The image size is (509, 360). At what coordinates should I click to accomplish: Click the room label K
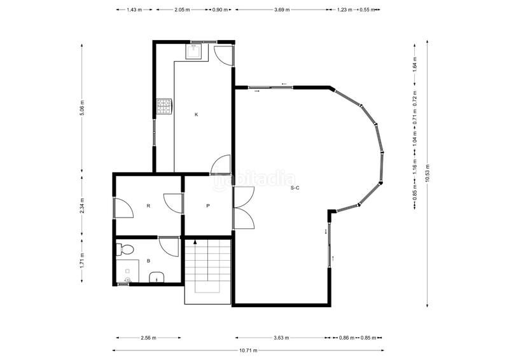(x=197, y=114)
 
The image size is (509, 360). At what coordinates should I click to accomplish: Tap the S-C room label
(x=295, y=188)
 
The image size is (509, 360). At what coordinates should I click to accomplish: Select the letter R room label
(x=148, y=206)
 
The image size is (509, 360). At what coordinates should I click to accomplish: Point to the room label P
(x=208, y=206)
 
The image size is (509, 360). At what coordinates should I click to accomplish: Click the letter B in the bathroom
(x=148, y=261)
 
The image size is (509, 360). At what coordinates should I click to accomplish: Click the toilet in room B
(x=125, y=249)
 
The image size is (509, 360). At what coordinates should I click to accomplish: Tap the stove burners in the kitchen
(x=164, y=107)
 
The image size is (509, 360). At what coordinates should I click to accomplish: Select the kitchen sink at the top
(x=194, y=51)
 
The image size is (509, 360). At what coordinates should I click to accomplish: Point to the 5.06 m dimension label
(x=82, y=109)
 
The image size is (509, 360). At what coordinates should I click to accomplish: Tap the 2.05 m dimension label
(x=182, y=10)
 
